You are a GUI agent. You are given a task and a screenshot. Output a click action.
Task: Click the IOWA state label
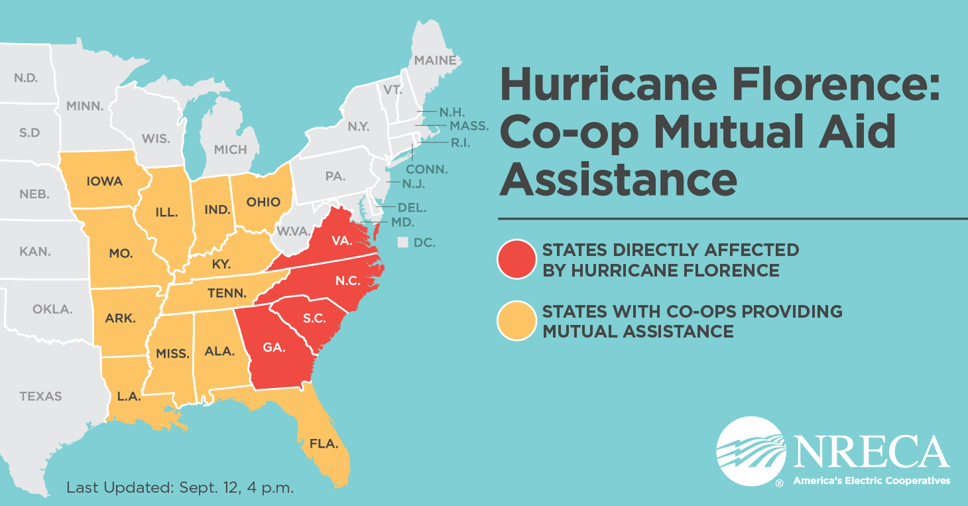(x=104, y=180)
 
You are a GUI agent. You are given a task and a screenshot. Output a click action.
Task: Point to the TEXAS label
(x=40, y=396)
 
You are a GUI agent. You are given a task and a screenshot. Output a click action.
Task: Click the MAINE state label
(x=435, y=60)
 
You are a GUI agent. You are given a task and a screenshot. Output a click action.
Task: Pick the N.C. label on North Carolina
(x=347, y=281)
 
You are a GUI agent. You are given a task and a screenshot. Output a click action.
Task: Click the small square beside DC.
(x=402, y=243)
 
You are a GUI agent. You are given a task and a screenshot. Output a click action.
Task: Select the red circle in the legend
(x=516, y=259)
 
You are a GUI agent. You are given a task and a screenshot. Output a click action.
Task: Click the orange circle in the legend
(x=516, y=321)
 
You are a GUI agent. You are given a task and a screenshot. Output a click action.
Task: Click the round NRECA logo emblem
(x=751, y=452)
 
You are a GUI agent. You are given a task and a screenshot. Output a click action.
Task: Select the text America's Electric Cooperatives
(x=871, y=480)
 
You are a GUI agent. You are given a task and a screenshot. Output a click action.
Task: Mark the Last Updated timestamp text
(x=180, y=487)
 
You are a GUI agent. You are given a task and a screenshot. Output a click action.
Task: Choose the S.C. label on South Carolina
(x=314, y=318)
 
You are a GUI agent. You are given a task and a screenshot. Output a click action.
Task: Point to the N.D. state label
(x=26, y=78)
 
